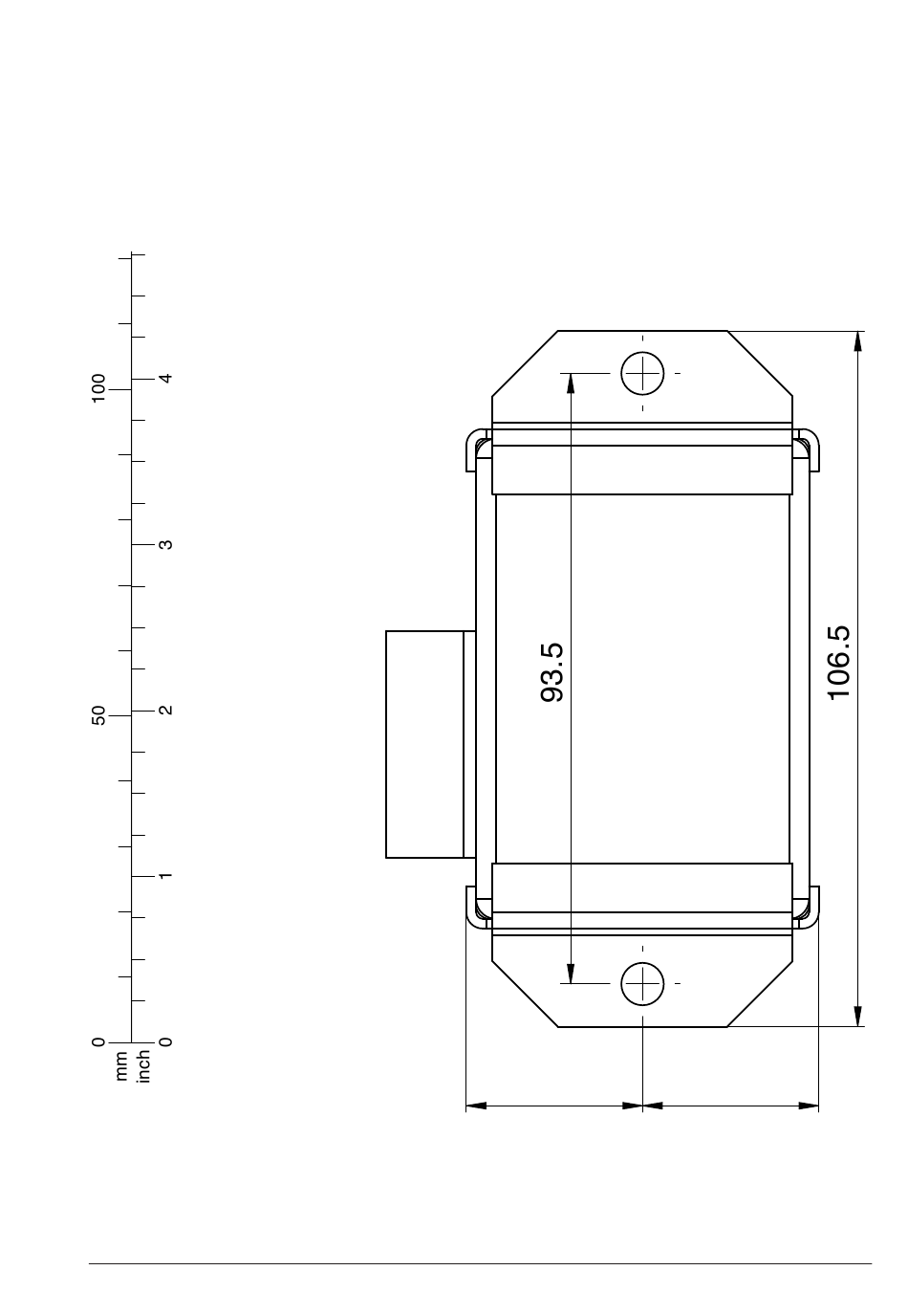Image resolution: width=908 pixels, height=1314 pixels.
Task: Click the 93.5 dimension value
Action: pos(551,672)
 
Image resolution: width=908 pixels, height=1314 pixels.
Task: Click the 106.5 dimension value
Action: pos(838,663)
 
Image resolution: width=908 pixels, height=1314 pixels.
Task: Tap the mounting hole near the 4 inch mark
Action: pos(642,373)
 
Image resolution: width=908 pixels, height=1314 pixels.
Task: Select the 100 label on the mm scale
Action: pos(98,387)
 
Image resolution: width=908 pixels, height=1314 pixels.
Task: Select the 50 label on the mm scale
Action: pos(98,715)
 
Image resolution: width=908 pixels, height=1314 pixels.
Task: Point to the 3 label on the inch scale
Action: pos(166,545)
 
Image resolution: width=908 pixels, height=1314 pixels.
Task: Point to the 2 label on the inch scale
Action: pos(166,711)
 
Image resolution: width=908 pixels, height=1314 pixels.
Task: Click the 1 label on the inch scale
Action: pos(166,876)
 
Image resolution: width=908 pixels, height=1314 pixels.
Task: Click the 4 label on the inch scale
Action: pos(166,379)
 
